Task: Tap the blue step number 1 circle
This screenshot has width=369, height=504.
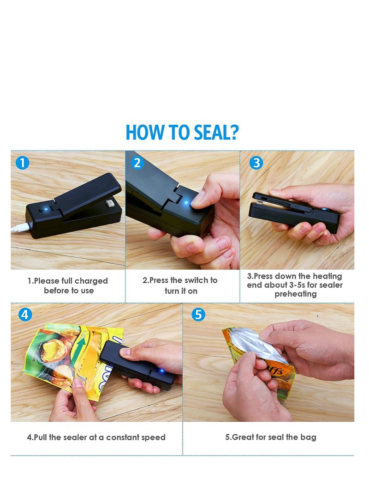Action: click(22, 163)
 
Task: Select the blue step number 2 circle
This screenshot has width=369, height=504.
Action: click(137, 163)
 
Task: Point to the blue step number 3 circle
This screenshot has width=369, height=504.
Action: click(256, 163)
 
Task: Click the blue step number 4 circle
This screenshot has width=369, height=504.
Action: click(25, 315)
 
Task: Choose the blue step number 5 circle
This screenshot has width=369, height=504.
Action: click(198, 315)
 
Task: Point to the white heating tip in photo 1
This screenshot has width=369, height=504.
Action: click(110, 203)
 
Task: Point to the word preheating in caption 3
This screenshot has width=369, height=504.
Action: click(296, 294)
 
